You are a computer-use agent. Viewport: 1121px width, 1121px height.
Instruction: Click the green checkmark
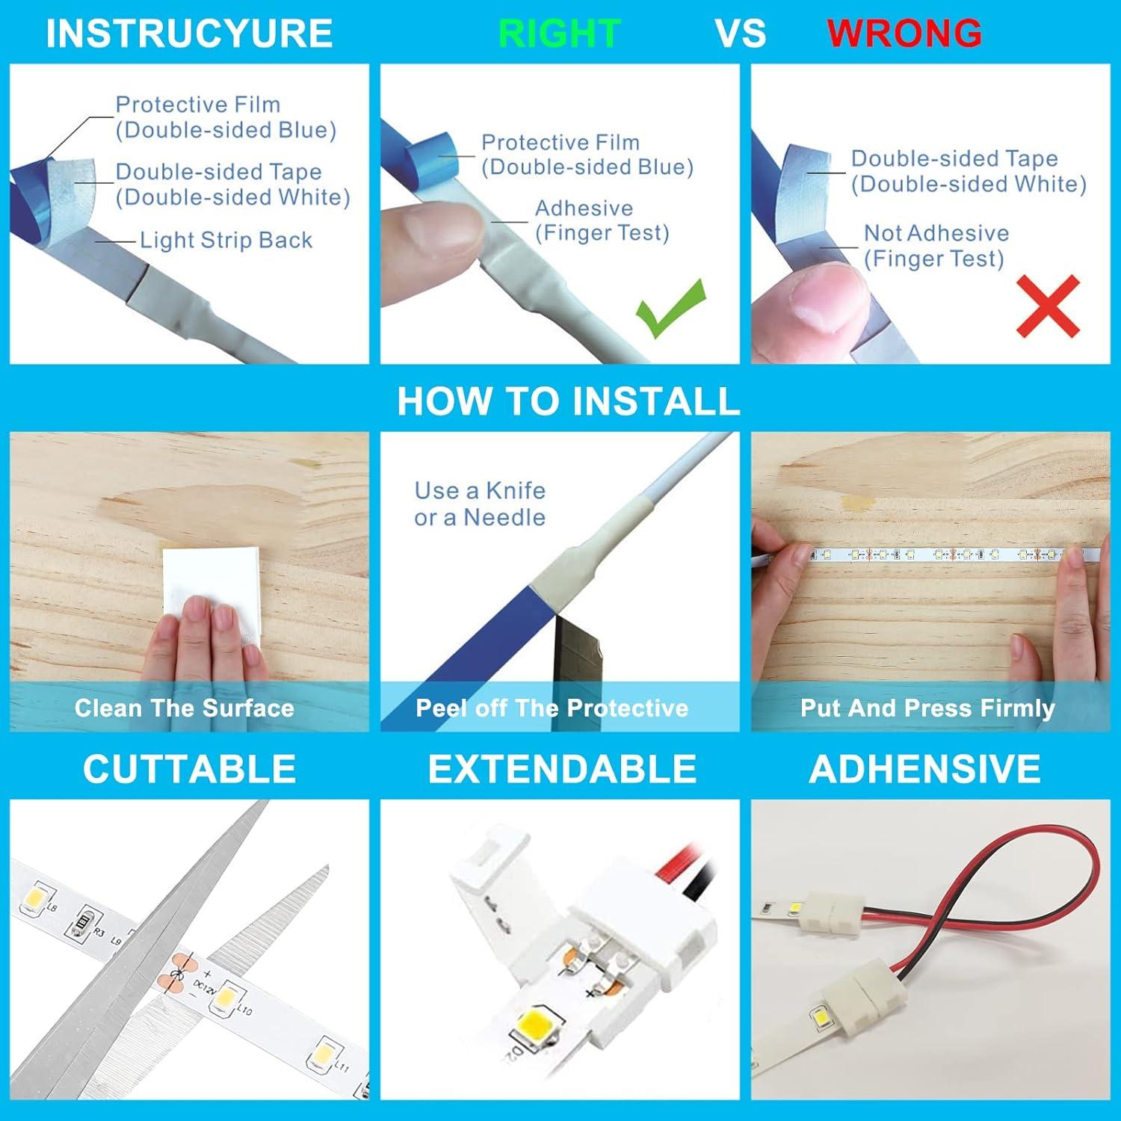click(x=670, y=308)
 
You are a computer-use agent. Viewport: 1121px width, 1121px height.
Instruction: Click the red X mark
click(x=1048, y=306)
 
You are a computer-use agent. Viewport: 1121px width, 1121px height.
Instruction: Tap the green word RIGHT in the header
click(x=559, y=34)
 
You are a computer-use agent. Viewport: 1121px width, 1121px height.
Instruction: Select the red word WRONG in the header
click(x=904, y=34)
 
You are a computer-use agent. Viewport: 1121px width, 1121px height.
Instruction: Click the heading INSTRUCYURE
click(x=189, y=34)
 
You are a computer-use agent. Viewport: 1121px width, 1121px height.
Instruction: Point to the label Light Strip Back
click(x=226, y=240)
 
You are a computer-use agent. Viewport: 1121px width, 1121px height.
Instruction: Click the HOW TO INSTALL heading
click(x=568, y=401)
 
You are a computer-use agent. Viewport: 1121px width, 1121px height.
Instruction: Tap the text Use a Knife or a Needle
click(x=480, y=504)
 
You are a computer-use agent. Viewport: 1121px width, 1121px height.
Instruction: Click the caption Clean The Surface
click(x=185, y=708)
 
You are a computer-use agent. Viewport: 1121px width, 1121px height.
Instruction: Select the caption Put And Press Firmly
click(x=927, y=708)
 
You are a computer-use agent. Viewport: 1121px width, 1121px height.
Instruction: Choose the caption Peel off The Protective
click(x=552, y=708)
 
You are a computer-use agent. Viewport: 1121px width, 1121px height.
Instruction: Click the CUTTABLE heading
click(x=189, y=769)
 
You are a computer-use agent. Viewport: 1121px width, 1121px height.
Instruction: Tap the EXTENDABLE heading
click(x=562, y=769)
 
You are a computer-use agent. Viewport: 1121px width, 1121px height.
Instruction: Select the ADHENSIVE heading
click(x=924, y=769)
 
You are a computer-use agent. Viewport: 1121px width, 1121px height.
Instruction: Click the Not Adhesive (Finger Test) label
click(x=936, y=246)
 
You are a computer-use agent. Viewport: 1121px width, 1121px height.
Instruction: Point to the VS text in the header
click(x=741, y=34)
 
